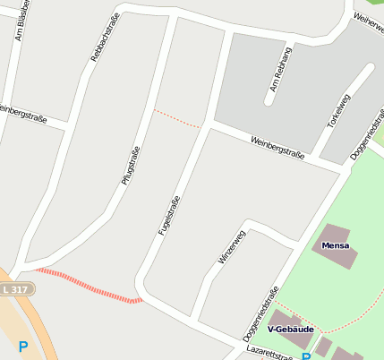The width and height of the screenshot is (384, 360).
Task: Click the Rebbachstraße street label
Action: pyautogui.click(x=105, y=41)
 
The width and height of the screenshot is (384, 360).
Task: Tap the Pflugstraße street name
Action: pyautogui.click(x=131, y=166)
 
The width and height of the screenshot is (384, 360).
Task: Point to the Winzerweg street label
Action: pyautogui.click(x=232, y=246)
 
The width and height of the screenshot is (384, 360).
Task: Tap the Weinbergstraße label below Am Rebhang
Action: pyautogui.click(x=277, y=149)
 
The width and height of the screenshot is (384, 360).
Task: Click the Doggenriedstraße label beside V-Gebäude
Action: pyautogui.click(x=260, y=314)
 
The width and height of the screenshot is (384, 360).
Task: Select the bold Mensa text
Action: pyautogui.click(x=335, y=245)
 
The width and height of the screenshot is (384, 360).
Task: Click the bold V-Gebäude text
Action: pyautogui.click(x=290, y=330)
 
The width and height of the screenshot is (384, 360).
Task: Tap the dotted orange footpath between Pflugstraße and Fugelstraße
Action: pyautogui.click(x=176, y=119)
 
